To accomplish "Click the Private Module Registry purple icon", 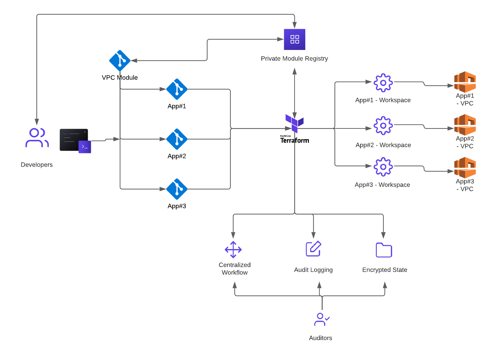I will tap(295, 39).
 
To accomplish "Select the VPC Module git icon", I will tap(120, 61).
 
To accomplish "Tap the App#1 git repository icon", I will tap(177, 89).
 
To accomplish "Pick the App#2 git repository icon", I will tap(177, 139).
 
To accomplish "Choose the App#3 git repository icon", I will tap(177, 189).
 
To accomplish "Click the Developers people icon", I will tap(37, 138).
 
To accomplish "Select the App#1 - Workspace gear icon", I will tap(383, 83).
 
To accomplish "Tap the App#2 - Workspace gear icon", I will tap(383, 126).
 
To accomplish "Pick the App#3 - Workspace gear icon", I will tap(383, 167).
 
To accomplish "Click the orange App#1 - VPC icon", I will tap(465, 82).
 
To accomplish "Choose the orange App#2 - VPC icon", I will tap(465, 125).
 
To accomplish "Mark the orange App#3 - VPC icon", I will tap(465, 167).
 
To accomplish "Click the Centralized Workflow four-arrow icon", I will tap(233, 250).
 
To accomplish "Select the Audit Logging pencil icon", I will tap(313, 249).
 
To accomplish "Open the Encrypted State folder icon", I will tap(384, 250).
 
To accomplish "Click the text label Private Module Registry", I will tap(294, 59).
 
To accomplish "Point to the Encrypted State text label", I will tap(384, 270).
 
